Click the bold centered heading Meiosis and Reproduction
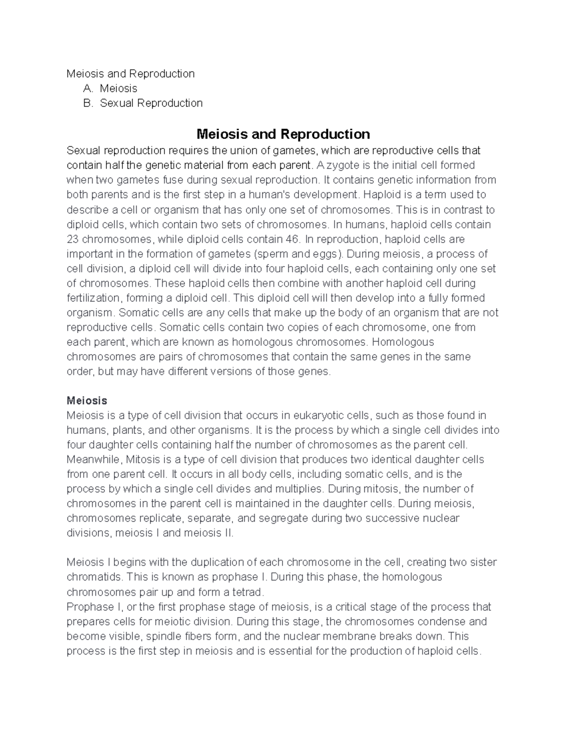(x=283, y=134)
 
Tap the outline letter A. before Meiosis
(x=88, y=88)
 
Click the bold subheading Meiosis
(x=87, y=401)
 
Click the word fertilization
(x=93, y=298)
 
